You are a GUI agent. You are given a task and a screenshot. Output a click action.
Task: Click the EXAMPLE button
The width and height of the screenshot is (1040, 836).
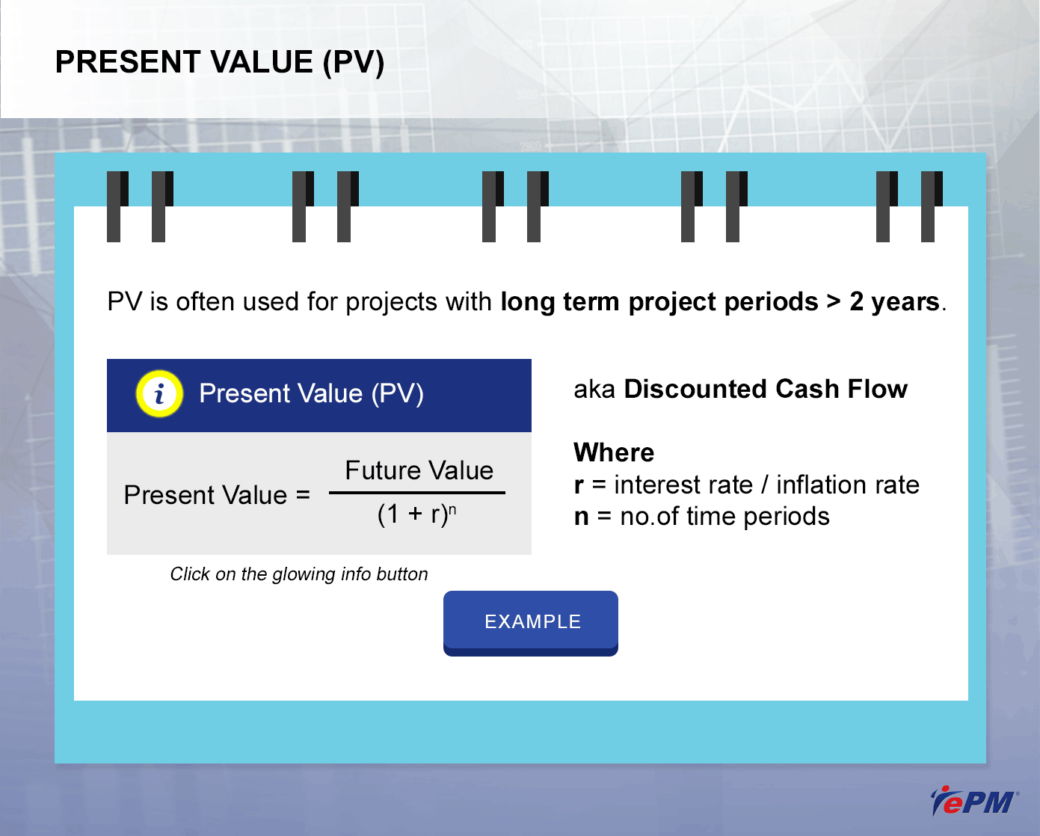[530, 623]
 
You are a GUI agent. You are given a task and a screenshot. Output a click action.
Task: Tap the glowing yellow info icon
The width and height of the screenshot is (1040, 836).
[159, 393]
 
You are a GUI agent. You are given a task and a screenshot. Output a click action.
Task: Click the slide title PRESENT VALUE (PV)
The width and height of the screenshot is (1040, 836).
[220, 62]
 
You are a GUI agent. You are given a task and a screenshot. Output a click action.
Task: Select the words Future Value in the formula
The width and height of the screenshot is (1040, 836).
[419, 470]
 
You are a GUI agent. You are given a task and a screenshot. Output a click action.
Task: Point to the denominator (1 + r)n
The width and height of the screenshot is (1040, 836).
[416, 514]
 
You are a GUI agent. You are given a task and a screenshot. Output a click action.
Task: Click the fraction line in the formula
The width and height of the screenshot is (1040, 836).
[417, 493]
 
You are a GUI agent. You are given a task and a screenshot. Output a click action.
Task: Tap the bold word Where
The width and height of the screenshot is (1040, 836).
[614, 452]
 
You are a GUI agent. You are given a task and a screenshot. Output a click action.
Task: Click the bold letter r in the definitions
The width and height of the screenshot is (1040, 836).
[579, 485]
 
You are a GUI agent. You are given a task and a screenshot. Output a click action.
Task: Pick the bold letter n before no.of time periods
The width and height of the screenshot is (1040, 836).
[582, 517]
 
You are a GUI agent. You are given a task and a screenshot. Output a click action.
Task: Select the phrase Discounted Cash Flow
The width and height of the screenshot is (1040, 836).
[766, 389]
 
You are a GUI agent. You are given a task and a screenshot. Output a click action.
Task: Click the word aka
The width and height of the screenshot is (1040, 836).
[594, 390]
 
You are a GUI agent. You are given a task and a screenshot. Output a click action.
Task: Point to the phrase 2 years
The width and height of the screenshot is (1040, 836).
[894, 301]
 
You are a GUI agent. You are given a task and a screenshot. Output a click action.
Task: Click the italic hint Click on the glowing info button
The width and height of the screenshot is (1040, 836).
[298, 574]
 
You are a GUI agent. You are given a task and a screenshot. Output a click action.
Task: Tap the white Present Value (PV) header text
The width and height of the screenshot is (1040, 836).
[311, 393]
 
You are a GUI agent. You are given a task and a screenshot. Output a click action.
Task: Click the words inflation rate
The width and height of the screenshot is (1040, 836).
[848, 485]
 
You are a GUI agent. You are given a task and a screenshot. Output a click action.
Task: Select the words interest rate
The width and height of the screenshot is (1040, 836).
[683, 485]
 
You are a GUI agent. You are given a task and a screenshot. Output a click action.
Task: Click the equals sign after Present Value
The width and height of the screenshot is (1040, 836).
[303, 495]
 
